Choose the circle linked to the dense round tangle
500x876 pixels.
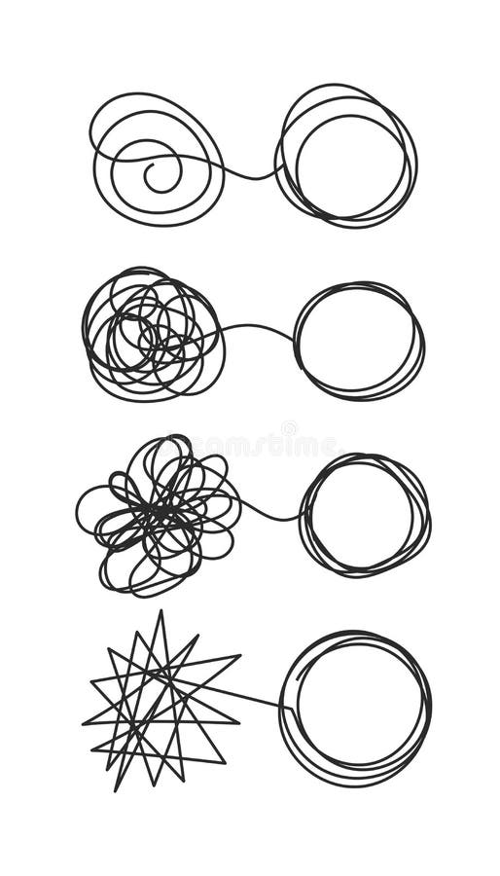tap(359, 341)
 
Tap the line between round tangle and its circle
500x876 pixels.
tap(259, 326)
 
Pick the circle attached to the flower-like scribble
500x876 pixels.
tap(365, 514)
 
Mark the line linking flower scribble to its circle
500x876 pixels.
tap(272, 514)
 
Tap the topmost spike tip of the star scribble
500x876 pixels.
tap(161, 612)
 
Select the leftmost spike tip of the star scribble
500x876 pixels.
tap(84, 723)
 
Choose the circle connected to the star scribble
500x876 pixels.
tap(356, 707)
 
